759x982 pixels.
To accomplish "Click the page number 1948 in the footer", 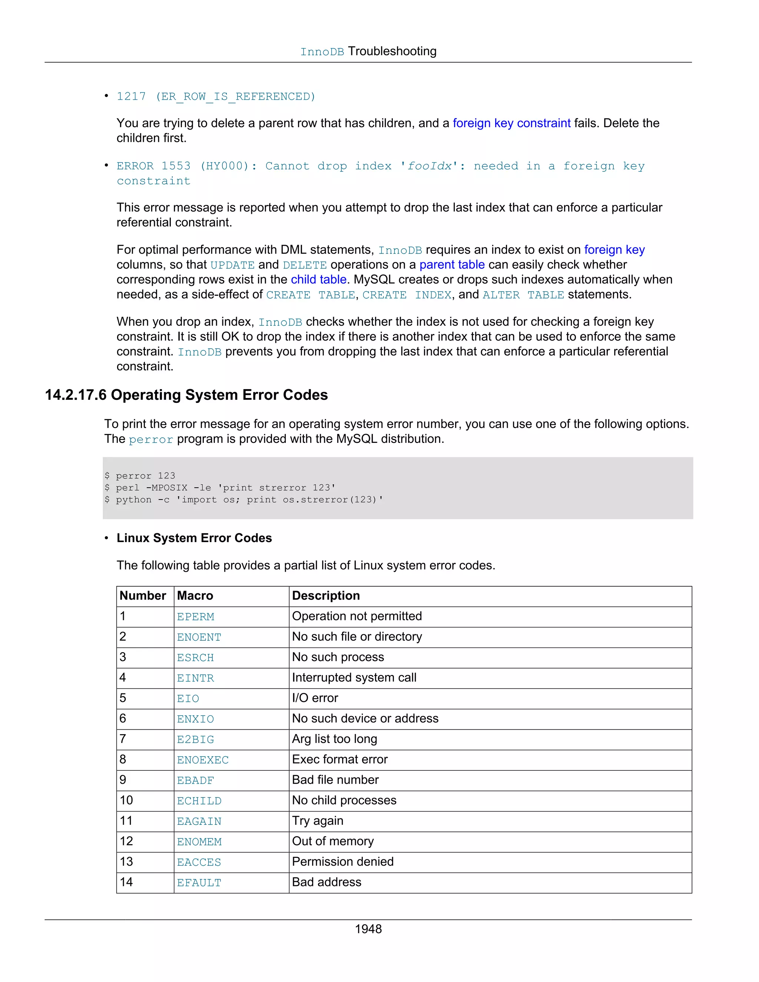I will (368, 929).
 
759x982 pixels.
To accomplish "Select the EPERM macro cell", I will (195, 617).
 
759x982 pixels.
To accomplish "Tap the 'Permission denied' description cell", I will (343, 862).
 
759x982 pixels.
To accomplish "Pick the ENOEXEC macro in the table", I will (202, 760).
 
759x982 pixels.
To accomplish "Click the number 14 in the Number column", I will (126, 882).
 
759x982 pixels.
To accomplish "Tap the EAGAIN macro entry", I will (199, 822).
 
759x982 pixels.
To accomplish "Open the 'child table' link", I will (318, 280).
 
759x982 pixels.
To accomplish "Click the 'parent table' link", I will (451, 265).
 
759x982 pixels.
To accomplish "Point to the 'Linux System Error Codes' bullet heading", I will (194, 538).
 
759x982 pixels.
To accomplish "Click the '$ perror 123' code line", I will (140, 476).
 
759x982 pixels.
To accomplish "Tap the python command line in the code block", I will (244, 500).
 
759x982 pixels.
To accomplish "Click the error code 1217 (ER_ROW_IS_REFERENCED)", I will (216, 97).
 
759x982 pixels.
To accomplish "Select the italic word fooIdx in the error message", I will (430, 166).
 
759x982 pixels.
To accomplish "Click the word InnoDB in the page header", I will (322, 52).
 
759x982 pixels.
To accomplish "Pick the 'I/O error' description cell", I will (315, 698).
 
